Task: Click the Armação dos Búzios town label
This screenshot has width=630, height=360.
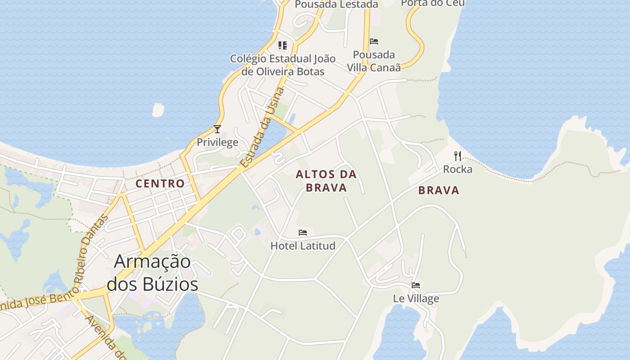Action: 153,273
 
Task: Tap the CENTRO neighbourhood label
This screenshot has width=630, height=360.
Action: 160,184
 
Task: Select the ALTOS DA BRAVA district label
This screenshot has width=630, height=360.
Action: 326,181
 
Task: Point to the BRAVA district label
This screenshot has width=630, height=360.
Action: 439,190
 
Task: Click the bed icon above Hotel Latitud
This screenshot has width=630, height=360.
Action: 303,233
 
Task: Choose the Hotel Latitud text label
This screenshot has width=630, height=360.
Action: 303,246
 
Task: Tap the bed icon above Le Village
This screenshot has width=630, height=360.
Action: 416,285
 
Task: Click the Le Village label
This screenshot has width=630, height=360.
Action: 416,298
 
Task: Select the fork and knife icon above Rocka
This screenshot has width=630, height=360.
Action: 458,156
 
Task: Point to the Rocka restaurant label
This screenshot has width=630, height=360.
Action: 458,169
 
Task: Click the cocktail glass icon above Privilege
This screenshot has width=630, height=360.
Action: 217,129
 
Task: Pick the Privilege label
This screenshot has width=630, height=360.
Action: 217,143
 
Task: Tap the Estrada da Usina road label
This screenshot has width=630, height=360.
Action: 263,128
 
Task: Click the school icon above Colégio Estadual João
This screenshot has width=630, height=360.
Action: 283,45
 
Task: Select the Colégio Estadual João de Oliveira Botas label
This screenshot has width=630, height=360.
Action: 283,65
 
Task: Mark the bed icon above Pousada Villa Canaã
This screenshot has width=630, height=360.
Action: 374,41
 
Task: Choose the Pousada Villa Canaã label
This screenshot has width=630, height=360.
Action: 374,61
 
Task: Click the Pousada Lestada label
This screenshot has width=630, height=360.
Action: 336,4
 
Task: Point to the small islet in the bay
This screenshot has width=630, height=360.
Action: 158,110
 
